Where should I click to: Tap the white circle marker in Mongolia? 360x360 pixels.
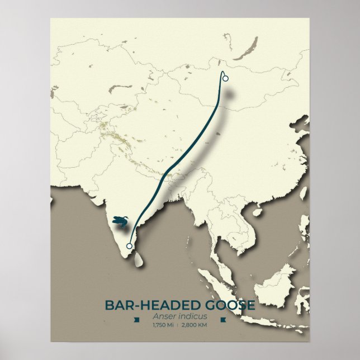click(x=225, y=78)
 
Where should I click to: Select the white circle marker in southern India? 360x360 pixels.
click(x=130, y=246)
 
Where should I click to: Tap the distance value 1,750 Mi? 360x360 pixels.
click(x=163, y=326)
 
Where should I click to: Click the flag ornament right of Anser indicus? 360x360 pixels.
click(x=223, y=320)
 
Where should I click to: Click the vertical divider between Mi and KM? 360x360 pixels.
click(x=178, y=326)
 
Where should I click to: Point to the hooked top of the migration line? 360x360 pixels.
click(x=224, y=73)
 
